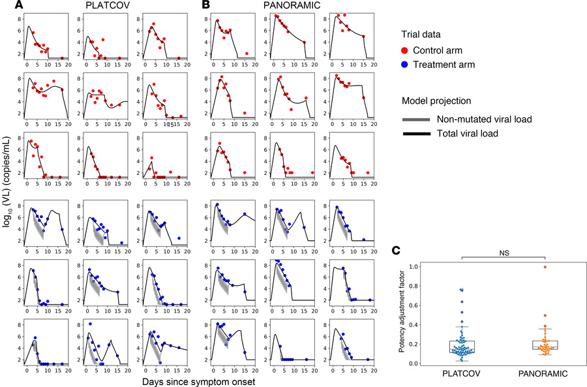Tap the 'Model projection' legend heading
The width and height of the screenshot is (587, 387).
click(x=437, y=101)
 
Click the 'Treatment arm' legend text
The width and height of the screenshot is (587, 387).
click(x=453, y=64)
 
